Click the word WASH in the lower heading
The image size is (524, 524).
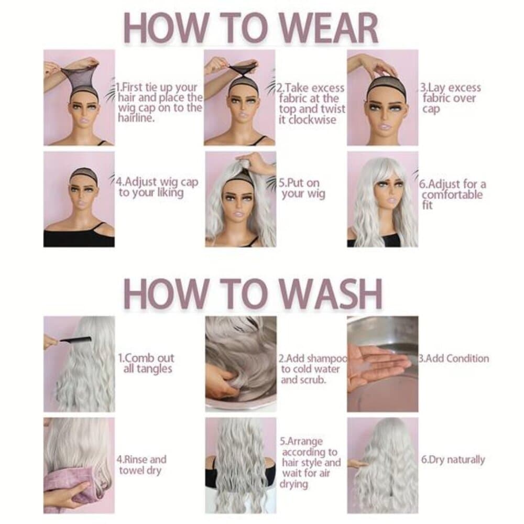(331, 294)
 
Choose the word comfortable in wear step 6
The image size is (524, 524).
(452, 194)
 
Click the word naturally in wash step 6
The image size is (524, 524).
(466, 460)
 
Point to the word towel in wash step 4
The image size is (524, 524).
(131, 470)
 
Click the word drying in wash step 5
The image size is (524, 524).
(294, 484)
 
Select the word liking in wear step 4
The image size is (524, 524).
(170, 193)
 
